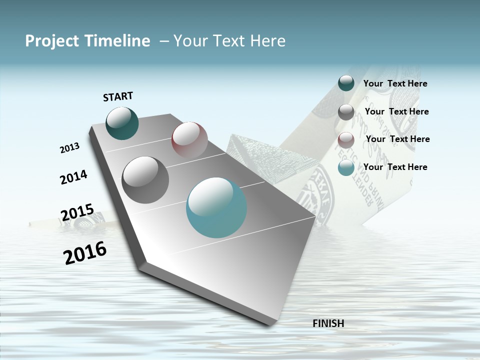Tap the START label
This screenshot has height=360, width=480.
118,96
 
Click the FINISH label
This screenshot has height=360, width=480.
328,323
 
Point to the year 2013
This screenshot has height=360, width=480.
69,148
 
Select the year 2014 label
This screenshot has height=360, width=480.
73,177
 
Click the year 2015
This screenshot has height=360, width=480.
77,212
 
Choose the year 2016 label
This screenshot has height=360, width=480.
85,252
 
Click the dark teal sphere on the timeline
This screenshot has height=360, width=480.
122,123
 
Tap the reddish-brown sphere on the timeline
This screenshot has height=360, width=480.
189,140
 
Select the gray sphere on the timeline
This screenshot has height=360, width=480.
145,180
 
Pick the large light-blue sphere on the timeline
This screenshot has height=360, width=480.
216,207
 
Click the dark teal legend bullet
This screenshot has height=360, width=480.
346,83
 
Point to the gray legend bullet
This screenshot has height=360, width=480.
346,112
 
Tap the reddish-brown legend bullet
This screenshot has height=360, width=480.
346,140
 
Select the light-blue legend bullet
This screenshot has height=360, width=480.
346,168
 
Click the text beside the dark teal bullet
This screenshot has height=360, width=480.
395,84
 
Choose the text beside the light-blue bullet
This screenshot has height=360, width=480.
395,167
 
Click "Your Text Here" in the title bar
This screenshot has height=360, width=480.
229,41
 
